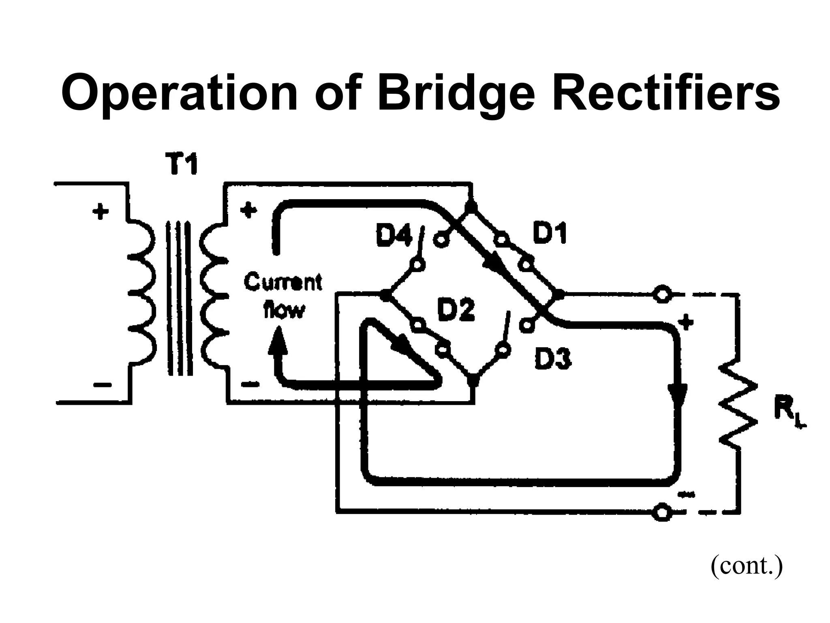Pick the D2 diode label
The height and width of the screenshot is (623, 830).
(456, 311)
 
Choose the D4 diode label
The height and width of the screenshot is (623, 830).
(393, 236)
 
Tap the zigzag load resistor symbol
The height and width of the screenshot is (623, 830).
(738, 406)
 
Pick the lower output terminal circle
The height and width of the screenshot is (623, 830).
(662, 512)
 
